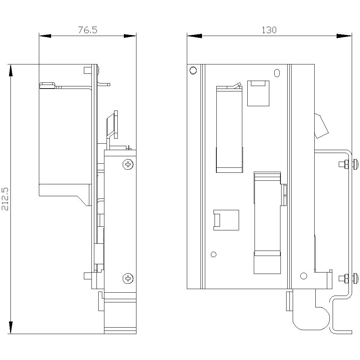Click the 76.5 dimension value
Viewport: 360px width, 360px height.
click(x=87, y=30)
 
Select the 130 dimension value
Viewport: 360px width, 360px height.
click(x=269, y=30)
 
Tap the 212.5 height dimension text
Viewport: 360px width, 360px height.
click(x=5, y=199)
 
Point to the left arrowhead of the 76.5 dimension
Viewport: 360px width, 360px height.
click(x=45, y=36)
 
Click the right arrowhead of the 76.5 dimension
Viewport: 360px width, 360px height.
click(x=130, y=36)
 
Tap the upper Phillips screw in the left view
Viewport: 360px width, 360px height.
click(x=128, y=165)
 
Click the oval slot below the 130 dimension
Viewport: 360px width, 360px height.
click(x=276, y=73)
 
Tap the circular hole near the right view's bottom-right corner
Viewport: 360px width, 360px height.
click(x=303, y=276)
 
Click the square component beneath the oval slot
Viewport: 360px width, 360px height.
click(x=258, y=94)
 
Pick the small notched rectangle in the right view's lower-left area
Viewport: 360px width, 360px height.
click(x=226, y=220)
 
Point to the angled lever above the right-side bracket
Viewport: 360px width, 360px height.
click(x=321, y=126)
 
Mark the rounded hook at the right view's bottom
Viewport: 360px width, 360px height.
click(x=311, y=319)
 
